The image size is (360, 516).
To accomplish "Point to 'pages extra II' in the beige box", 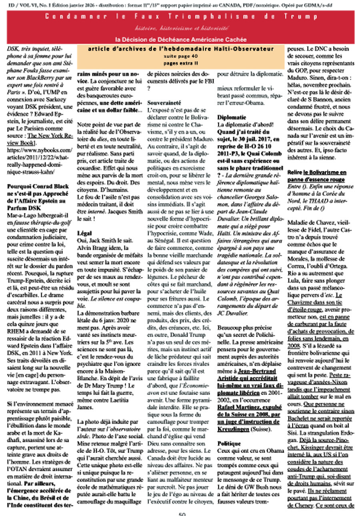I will [181, 63].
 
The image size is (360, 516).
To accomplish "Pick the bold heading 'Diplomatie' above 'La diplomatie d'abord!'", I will [232, 117].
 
